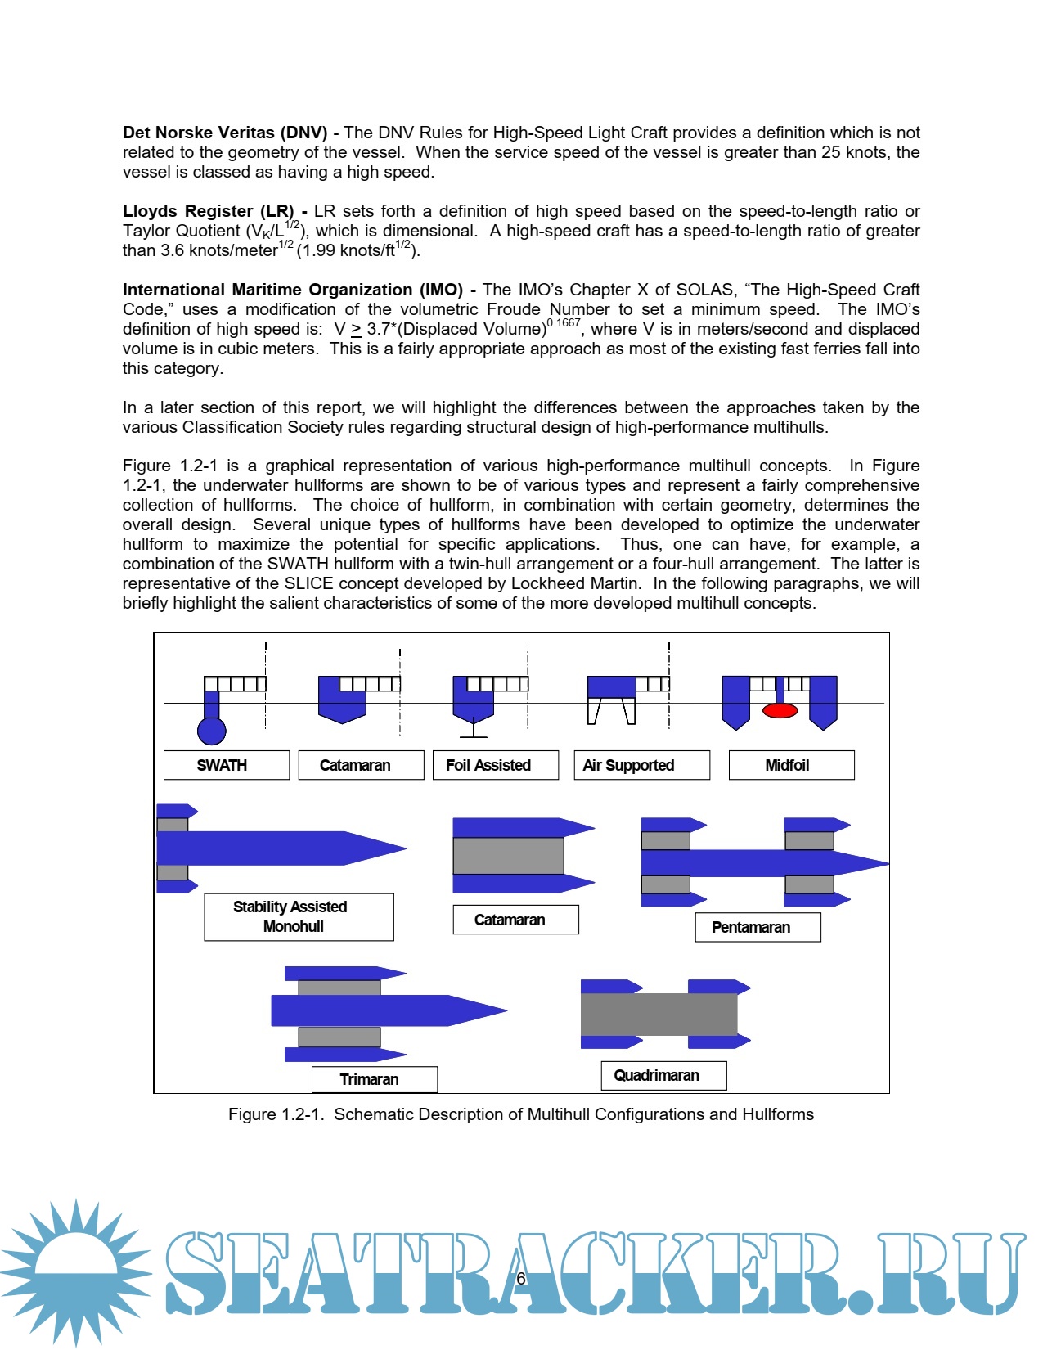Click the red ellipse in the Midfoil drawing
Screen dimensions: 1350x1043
(x=780, y=710)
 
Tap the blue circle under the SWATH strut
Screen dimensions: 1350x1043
(x=212, y=731)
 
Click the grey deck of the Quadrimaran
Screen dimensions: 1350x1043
(x=659, y=1015)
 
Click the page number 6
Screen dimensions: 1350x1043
(x=521, y=1279)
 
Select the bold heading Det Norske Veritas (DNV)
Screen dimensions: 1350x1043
(x=225, y=133)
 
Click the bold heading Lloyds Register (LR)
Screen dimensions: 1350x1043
(x=208, y=211)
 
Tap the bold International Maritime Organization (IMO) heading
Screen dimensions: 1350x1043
(x=292, y=290)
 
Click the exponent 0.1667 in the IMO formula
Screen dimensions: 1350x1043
(x=563, y=322)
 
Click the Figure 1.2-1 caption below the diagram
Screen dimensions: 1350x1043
(x=520, y=1114)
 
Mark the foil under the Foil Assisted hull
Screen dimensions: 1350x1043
(x=473, y=736)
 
